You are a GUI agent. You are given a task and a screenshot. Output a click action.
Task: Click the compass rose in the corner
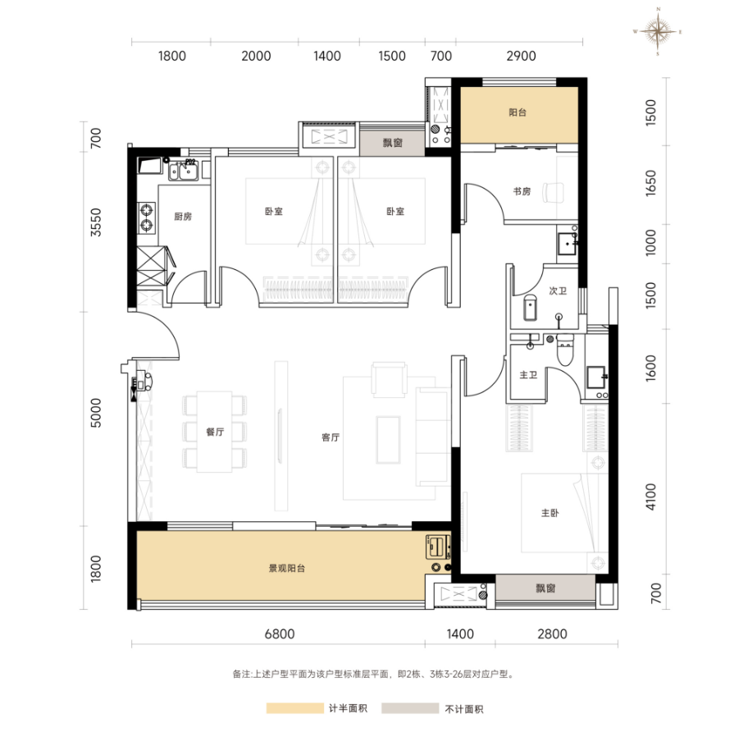(658, 31)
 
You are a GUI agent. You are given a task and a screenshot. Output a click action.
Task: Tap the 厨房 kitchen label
(183, 217)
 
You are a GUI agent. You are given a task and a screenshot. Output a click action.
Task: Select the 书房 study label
(522, 191)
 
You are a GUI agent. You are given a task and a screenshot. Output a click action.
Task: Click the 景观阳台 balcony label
(287, 569)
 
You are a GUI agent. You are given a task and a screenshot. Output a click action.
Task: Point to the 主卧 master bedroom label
(550, 513)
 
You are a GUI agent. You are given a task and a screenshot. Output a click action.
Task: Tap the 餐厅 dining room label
(215, 432)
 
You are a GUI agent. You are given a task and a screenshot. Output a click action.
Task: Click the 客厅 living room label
(331, 437)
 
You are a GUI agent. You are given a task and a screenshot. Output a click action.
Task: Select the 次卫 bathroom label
(558, 291)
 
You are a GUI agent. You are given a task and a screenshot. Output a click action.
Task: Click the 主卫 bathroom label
(528, 375)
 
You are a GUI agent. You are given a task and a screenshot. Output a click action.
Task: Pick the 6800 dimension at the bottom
(280, 634)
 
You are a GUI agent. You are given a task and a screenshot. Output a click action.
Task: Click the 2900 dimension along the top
(521, 57)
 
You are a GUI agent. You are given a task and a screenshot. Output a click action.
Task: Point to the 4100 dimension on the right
(650, 496)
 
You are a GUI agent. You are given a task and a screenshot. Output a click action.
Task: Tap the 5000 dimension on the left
(96, 413)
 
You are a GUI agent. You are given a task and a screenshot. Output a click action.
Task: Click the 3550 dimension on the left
(96, 222)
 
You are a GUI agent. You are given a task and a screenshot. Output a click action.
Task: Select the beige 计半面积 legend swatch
(294, 708)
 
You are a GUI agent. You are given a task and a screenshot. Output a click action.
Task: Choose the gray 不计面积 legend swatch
(410, 708)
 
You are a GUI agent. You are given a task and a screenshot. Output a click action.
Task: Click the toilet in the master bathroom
(565, 351)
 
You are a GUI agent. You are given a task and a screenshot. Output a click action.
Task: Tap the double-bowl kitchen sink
(183, 172)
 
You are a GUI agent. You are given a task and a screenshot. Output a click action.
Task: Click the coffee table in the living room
(388, 440)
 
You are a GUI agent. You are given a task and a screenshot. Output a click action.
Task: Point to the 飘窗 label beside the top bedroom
(393, 143)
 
